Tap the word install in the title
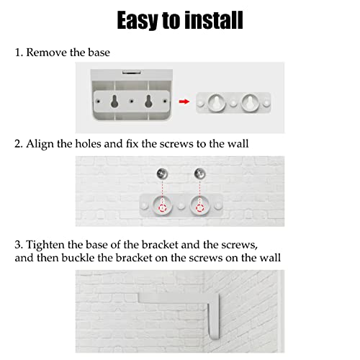(x=214, y=19)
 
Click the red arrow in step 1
(x=184, y=102)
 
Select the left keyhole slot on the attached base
(x=114, y=101)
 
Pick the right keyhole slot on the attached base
(x=148, y=101)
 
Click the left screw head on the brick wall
(x=162, y=174)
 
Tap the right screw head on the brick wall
(x=199, y=174)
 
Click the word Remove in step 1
(x=47, y=53)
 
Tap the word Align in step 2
(x=40, y=144)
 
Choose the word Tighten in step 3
(x=45, y=245)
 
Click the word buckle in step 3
(x=78, y=258)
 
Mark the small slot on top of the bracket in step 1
(x=131, y=72)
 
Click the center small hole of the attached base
(x=131, y=102)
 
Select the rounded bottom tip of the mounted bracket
(x=215, y=338)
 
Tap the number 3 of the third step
(x=18, y=245)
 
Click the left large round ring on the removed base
(x=216, y=103)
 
